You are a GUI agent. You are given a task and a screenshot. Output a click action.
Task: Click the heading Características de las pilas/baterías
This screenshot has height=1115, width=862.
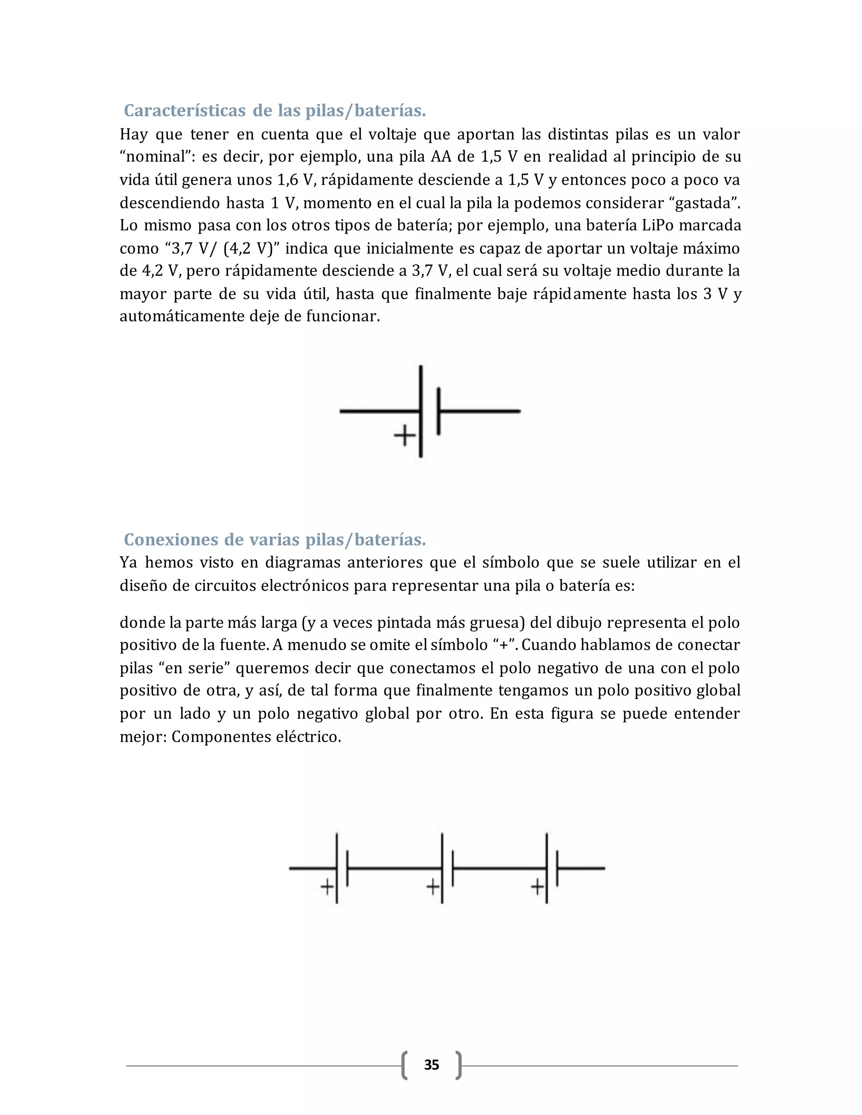coord(275,111)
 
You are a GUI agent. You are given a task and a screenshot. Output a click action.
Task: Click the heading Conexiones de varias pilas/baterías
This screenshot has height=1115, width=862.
coord(275,540)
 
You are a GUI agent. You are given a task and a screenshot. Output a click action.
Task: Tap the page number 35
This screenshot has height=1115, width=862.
coord(431,1065)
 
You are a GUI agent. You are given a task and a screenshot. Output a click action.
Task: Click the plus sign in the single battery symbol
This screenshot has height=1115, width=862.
coord(404,435)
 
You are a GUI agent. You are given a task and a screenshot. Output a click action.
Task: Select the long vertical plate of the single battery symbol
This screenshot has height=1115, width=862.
coord(421,388)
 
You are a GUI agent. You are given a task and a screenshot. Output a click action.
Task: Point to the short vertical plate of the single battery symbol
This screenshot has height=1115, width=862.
coord(439,411)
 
